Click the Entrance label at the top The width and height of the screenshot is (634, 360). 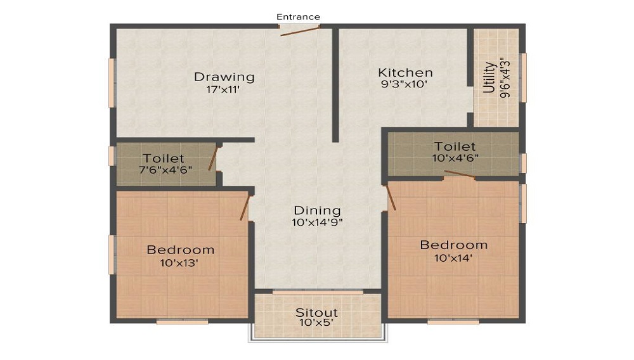click(298, 16)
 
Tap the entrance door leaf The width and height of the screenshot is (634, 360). click(300, 30)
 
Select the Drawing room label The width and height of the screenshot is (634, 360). click(224, 77)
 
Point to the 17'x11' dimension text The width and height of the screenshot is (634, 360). click(224, 89)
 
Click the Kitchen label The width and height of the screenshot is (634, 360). click(405, 72)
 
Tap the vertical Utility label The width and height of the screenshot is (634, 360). click(489, 77)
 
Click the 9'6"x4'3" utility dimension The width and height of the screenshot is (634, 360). click(505, 78)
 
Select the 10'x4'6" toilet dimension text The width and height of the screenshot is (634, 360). click(455, 158)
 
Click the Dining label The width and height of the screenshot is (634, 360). click(317, 210)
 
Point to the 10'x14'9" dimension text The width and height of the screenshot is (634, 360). click(317, 222)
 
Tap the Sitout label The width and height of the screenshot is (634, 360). click(316, 312)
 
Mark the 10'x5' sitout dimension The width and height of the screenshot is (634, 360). click(316, 323)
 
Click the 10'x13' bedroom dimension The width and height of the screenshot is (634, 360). click(180, 262)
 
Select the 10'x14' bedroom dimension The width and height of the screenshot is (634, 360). click(453, 257)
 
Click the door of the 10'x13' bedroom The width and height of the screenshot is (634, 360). click(244, 207)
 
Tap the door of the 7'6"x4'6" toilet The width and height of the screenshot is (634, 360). click(214, 158)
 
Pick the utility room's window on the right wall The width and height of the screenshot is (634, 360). click(524, 77)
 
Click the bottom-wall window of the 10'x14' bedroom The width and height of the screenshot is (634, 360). click(453, 321)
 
